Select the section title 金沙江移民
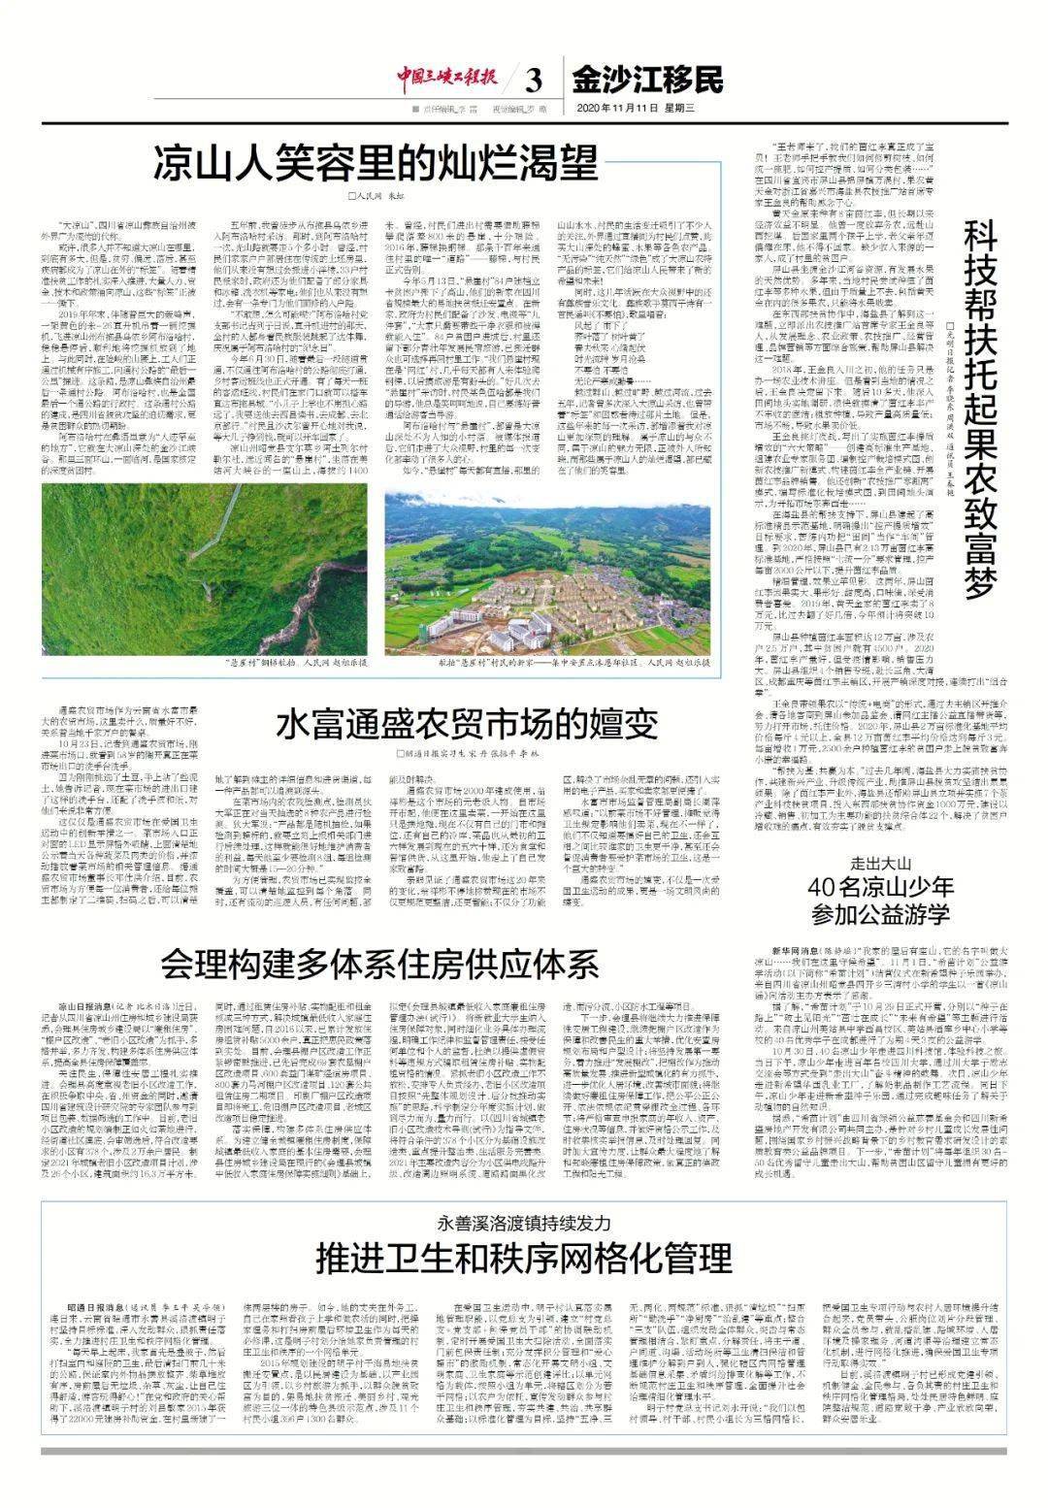point(647,78)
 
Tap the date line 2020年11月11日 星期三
point(637,108)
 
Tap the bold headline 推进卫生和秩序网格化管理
point(524,1259)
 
